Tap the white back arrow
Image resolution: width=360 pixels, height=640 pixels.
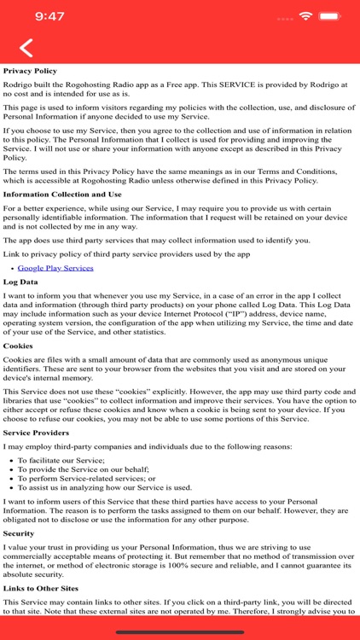pyautogui.click(x=27, y=49)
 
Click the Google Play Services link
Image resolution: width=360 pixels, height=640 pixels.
pyautogui.click(x=55, y=268)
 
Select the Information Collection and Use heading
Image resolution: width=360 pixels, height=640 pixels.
pyautogui.click(x=61, y=194)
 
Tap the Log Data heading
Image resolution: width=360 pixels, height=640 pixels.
pyautogui.click(x=20, y=281)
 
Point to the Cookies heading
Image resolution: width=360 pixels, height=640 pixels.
pyautogui.click(x=19, y=346)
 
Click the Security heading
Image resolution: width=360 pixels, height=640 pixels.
pyautogui.click(x=20, y=532)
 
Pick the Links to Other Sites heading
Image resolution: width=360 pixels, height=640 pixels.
pyautogui.click(x=41, y=589)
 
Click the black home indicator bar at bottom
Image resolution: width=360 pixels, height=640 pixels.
pyautogui.click(x=180, y=632)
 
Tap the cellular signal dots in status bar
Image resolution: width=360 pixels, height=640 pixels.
pyautogui.click(x=286, y=16)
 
